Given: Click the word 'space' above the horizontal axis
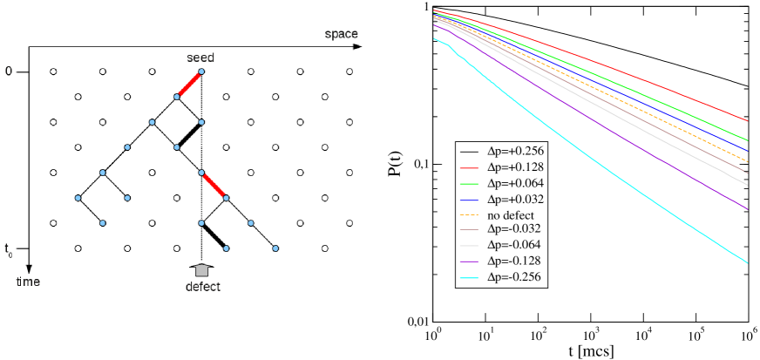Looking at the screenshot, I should point(342,34).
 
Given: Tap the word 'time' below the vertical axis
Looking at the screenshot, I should point(28,282).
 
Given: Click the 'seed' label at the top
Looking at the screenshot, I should point(200,58).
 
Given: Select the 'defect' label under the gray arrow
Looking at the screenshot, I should point(203,287).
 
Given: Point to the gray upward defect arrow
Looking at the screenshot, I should point(202,269).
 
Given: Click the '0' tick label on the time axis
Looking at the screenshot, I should point(9,71).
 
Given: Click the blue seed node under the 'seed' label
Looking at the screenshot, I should point(201,71).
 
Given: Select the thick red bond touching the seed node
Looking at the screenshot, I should point(188,85).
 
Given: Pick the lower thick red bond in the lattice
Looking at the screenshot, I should point(214,186).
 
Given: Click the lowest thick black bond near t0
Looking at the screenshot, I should point(214,236).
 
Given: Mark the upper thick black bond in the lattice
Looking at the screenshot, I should point(189,135).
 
